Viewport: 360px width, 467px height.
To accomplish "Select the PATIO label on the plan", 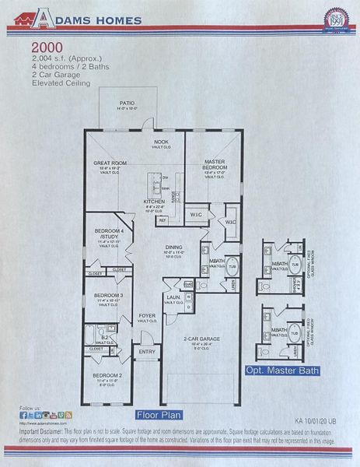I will [x=127, y=103].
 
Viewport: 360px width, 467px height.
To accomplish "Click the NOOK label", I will [x=161, y=142].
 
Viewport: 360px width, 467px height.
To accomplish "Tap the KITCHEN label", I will [x=154, y=202].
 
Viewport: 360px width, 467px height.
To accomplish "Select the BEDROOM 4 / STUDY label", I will [x=107, y=233].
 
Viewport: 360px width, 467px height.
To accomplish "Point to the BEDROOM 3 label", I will [x=108, y=296].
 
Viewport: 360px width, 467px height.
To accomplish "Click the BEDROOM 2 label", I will [x=108, y=376].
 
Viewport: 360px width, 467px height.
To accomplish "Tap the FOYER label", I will [x=147, y=316].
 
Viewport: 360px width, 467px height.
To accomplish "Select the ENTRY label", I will [x=147, y=353].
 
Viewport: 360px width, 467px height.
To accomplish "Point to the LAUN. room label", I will [x=173, y=298].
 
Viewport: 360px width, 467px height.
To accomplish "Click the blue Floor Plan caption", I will [x=159, y=415].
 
